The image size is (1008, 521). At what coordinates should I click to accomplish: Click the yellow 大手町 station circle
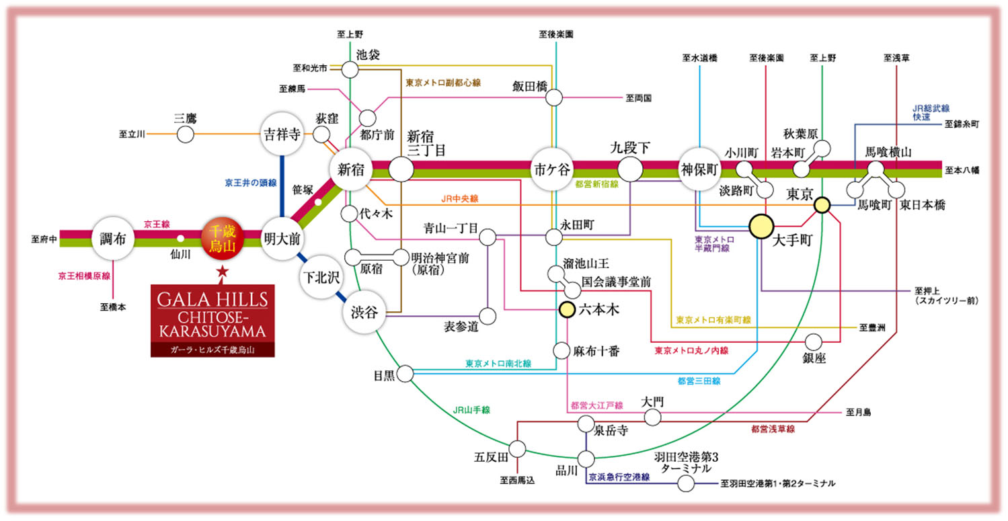click(761, 225)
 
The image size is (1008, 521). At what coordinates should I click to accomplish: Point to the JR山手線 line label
click(471, 409)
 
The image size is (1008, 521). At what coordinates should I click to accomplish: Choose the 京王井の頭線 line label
click(251, 183)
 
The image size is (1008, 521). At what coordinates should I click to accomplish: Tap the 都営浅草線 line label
click(773, 428)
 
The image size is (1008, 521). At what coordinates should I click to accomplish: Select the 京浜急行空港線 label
click(619, 477)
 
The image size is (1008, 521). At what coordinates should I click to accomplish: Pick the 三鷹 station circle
click(185, 134)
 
